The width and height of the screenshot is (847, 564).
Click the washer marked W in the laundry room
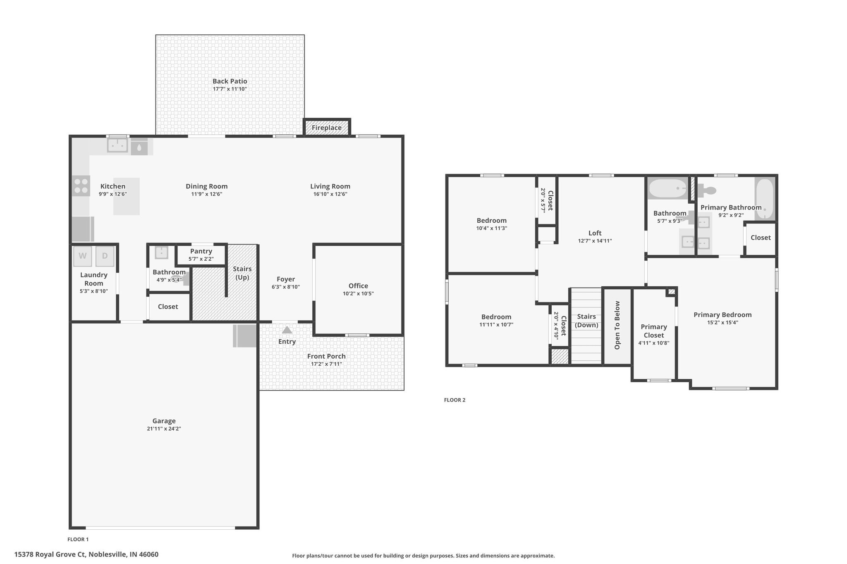click(83, 256)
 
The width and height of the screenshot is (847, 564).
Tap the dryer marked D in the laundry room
click(105, 256)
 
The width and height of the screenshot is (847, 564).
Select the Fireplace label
click(327, 128)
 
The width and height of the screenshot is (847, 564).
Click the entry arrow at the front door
click(287, 330)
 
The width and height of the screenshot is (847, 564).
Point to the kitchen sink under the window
click(117, 145)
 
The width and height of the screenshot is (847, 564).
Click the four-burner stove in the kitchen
click(81, 186)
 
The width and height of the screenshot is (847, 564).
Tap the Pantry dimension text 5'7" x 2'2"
click(201, 259)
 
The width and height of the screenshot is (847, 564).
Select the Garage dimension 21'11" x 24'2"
click(164, 429)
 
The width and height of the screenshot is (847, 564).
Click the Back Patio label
click(230, 81)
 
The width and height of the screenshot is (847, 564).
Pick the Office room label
click(358, 286)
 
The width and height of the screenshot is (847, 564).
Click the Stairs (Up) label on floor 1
click(242, 273)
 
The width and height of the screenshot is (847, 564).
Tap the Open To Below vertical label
click(617, 325)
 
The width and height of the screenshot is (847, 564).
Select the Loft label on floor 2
click(595, 233)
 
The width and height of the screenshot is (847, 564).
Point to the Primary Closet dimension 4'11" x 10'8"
click(653, 343)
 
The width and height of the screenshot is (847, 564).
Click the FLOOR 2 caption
click(455, 400)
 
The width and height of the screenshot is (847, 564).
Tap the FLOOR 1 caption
click(78, 539)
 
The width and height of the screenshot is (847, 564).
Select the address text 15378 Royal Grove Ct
click(50, 554)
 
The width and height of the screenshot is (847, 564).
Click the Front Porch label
click(326, 356)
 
